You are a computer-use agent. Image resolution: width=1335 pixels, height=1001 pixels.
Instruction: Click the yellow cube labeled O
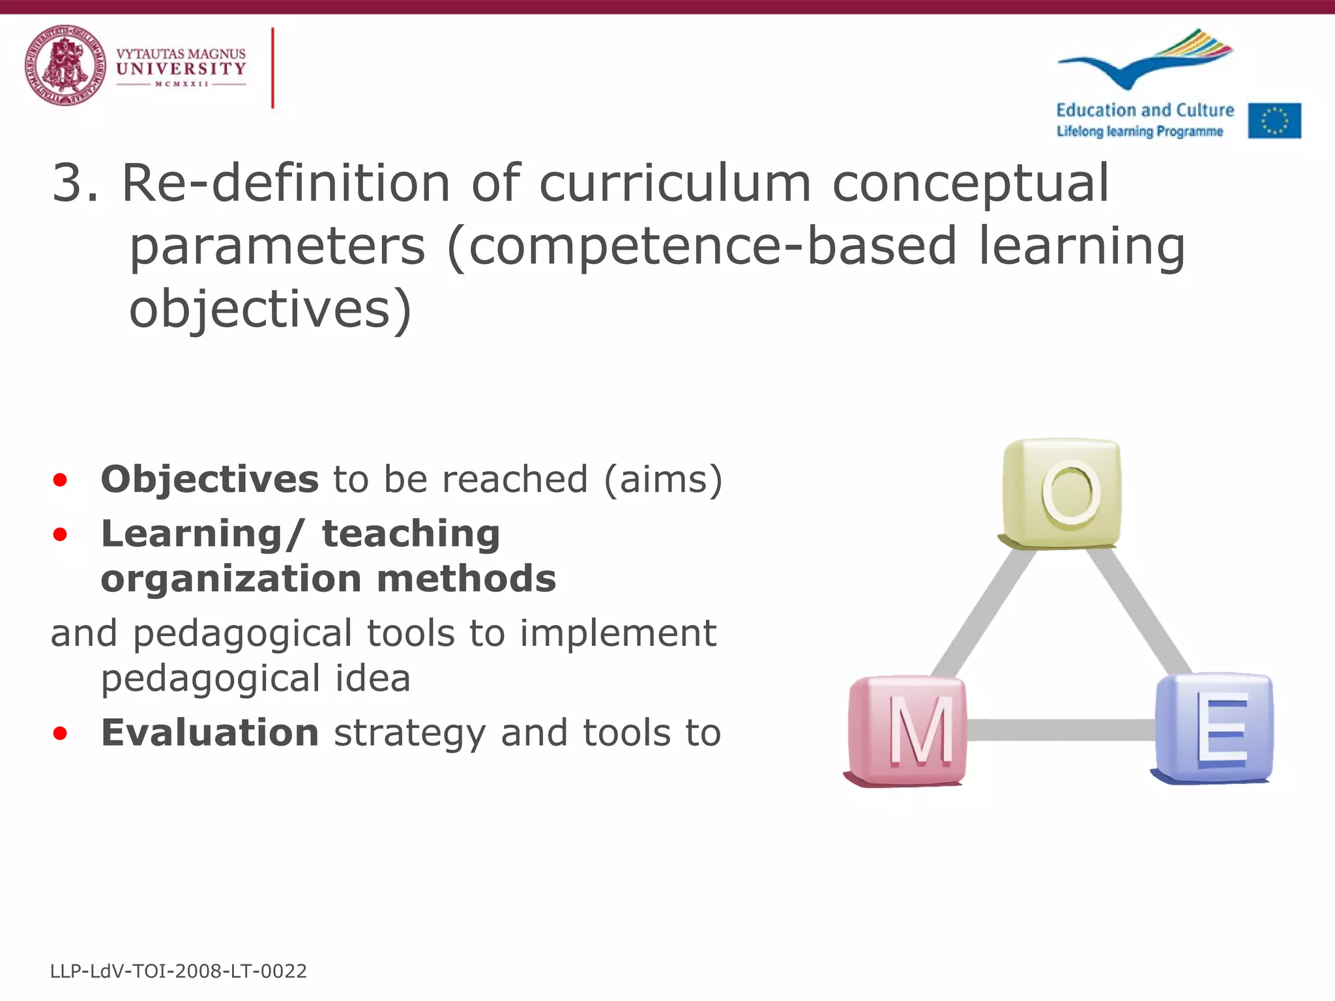click(x=1061, y=493)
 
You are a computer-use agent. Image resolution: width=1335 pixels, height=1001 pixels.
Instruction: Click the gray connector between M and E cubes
click(x=1061, y=730)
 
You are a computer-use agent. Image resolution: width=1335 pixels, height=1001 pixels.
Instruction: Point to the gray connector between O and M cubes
click(x=983, y=613)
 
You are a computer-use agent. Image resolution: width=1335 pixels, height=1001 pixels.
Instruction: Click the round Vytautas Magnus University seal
click(x=65, y=65)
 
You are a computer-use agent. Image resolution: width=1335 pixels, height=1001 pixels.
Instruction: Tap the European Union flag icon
click(x=1274, y=121)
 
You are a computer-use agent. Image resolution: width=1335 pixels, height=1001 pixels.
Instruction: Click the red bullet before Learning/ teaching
click(x=60, y=535)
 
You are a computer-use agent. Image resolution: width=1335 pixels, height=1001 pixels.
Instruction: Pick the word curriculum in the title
click(x=675, y=183)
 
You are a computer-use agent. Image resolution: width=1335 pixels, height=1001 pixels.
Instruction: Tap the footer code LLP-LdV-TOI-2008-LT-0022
click(x=178, y=971)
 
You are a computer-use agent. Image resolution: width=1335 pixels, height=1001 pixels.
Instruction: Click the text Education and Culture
click(x=1145, y=110)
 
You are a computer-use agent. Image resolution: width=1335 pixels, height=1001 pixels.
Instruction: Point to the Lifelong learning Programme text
click(x=1139, y=132)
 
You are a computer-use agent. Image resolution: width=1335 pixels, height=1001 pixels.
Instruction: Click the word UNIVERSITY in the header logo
click(x=181, y=68)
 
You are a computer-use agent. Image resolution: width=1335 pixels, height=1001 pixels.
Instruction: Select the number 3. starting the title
click(x=75, y=183)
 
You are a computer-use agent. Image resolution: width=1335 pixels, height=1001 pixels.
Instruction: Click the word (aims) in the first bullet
click(x=663, y=480)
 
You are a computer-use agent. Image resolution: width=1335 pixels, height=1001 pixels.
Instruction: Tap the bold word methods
click(x=466, y=579)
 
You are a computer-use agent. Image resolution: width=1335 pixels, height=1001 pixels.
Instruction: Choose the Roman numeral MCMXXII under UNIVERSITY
click(x=181, y=84)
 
